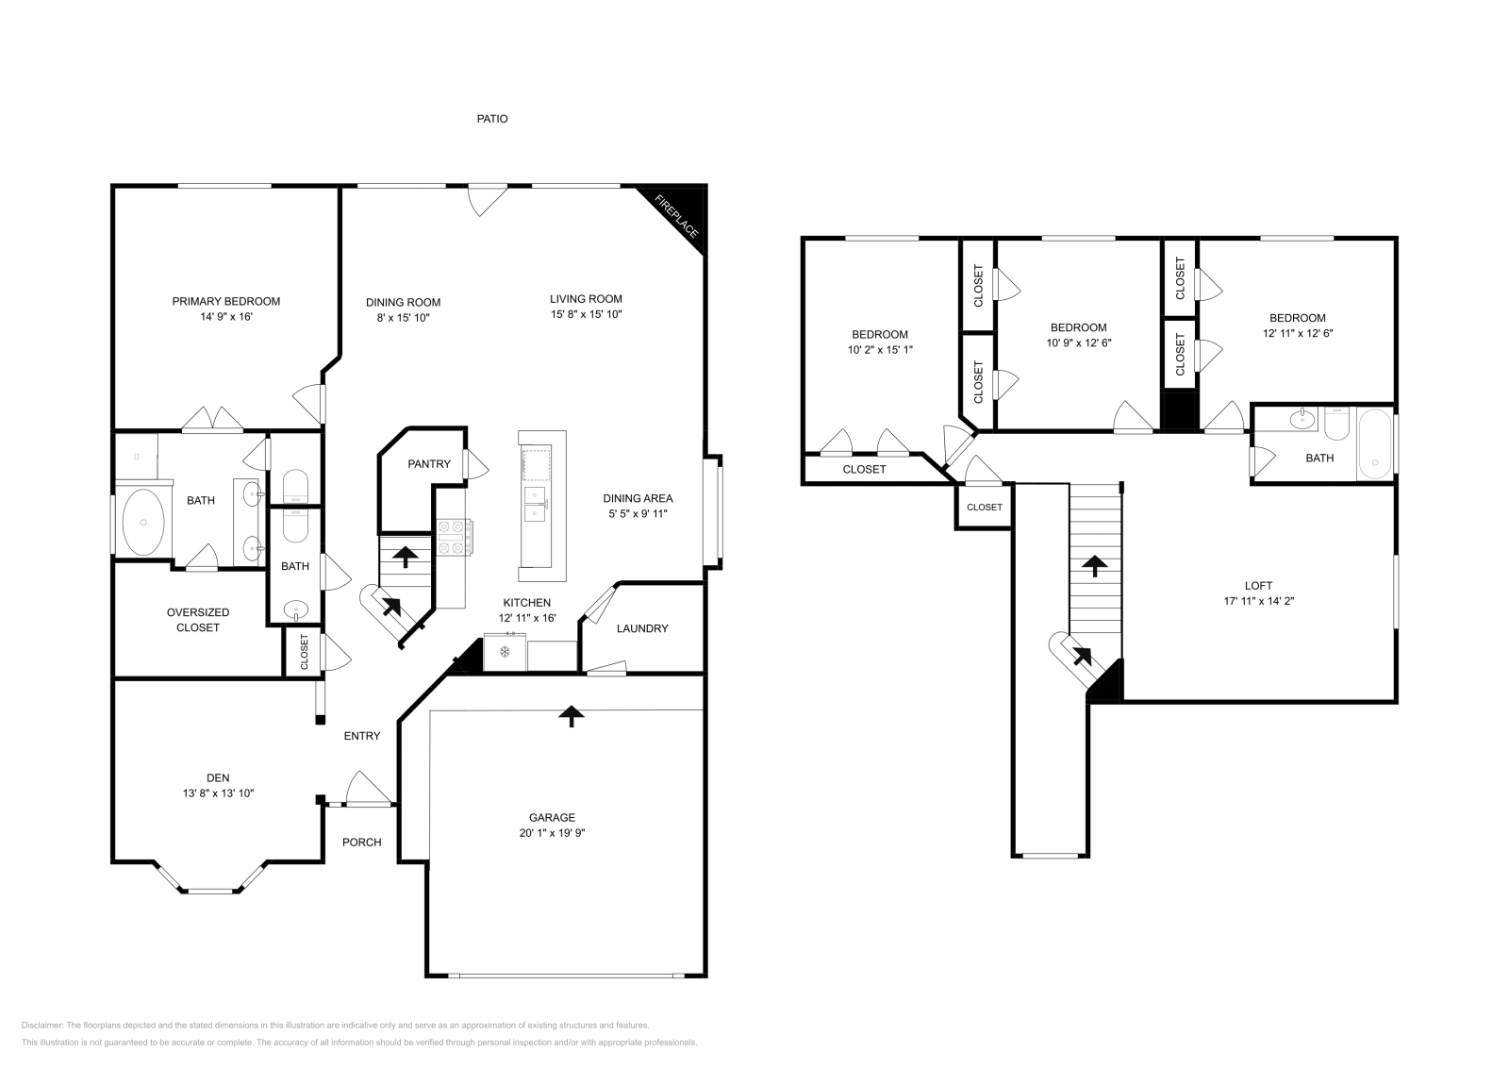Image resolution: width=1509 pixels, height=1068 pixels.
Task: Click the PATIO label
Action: (491, 119)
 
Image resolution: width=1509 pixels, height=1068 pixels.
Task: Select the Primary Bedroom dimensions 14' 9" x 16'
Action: (225, 318)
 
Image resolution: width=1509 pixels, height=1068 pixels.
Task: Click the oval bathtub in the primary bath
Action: (144, 521)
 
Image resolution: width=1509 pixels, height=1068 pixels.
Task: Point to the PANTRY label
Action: (428, 464)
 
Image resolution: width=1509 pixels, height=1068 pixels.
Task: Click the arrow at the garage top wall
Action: (570, 716)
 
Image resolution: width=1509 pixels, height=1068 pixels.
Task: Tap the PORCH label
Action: (361, 842)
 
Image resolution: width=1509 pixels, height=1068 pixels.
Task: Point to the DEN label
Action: (218, 777)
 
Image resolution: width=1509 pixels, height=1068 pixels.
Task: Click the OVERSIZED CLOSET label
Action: (198, 620)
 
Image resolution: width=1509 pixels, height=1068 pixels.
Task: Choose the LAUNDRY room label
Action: (642, 628)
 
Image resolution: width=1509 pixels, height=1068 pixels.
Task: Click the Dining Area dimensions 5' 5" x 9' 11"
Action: (638, 514)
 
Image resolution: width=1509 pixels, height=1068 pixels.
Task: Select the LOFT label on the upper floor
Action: (1258, 585)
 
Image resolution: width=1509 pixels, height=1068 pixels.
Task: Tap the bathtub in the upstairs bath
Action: (1374, 445)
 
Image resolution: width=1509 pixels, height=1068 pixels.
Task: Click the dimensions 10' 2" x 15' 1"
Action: (879, 349)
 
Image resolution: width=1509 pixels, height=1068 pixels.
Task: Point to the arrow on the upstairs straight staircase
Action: (1094, 566)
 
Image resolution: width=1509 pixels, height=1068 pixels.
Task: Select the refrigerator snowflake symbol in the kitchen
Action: (505, 651)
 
